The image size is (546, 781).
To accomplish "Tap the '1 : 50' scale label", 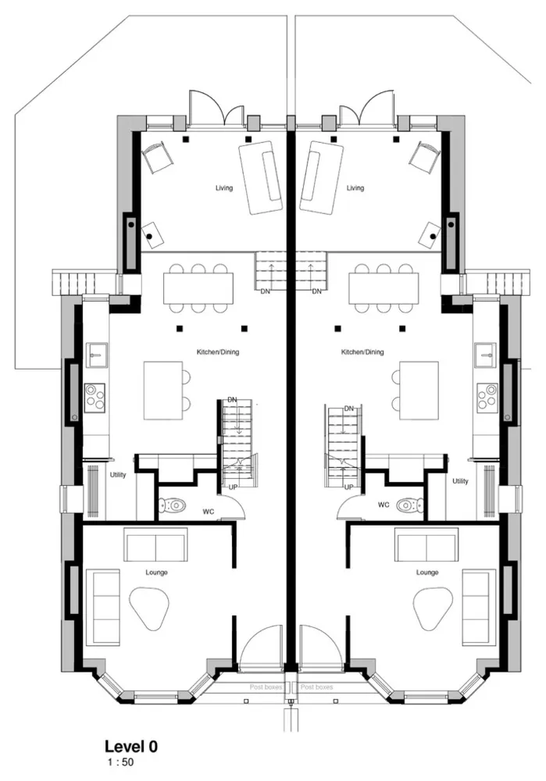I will [x=120, y=761].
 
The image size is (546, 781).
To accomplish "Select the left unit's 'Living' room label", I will [x=225, y=188].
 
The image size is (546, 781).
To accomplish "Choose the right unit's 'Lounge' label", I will [x=426, y=572].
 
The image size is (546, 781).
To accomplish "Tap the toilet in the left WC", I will [x=173, y=505].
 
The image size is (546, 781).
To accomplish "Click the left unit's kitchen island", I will [x=162, y=390].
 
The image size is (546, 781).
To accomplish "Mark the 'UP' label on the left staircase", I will [x=233, y=487].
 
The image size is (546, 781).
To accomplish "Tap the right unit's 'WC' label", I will [x=384, y=505].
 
